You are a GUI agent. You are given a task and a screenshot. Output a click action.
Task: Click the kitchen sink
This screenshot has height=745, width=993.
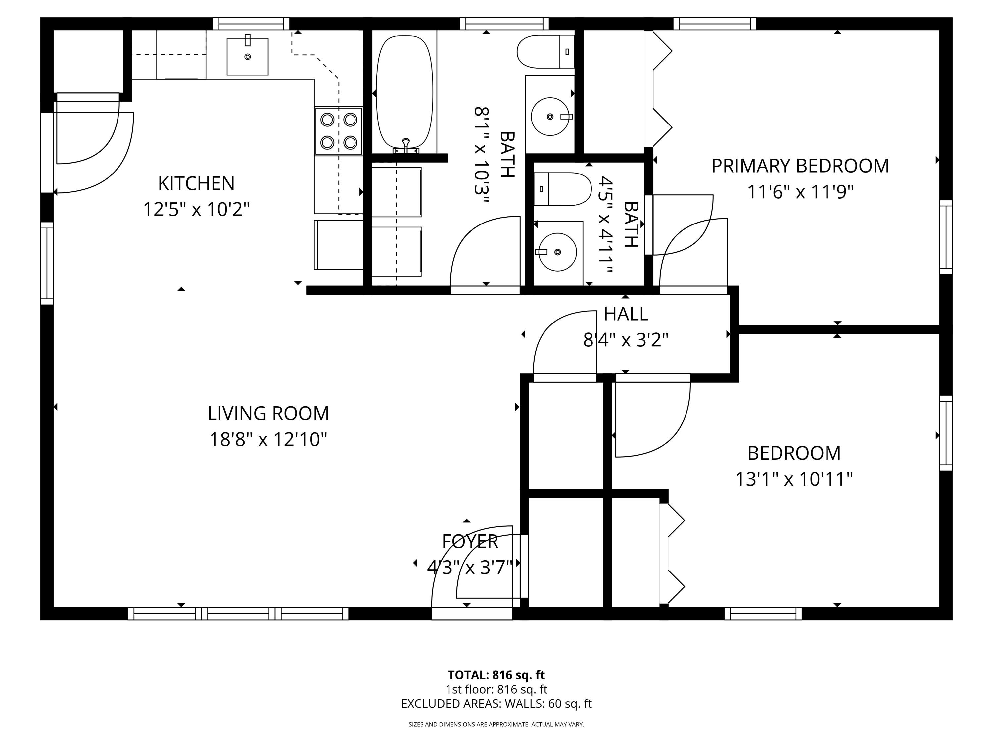[247, 56]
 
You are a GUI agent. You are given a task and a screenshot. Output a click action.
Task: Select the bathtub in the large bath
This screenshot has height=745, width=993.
[404, 92]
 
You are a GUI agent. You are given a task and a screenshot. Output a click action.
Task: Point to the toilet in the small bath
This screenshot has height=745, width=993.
[562, 189]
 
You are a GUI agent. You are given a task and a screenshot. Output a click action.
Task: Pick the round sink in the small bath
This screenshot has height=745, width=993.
[557, 252]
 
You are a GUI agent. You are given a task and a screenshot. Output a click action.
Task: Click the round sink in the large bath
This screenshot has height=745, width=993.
[550, 116]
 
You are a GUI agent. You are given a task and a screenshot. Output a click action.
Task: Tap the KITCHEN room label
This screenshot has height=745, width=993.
[196, 183]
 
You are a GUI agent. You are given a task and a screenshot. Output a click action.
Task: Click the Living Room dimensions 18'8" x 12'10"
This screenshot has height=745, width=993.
[268, 439]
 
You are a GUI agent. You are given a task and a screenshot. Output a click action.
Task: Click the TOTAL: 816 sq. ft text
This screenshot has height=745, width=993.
[496, 675]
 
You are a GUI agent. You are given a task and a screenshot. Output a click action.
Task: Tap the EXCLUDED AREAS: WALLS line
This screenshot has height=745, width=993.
[496, 704]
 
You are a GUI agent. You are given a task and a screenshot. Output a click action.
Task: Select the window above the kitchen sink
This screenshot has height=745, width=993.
[251, 24]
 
